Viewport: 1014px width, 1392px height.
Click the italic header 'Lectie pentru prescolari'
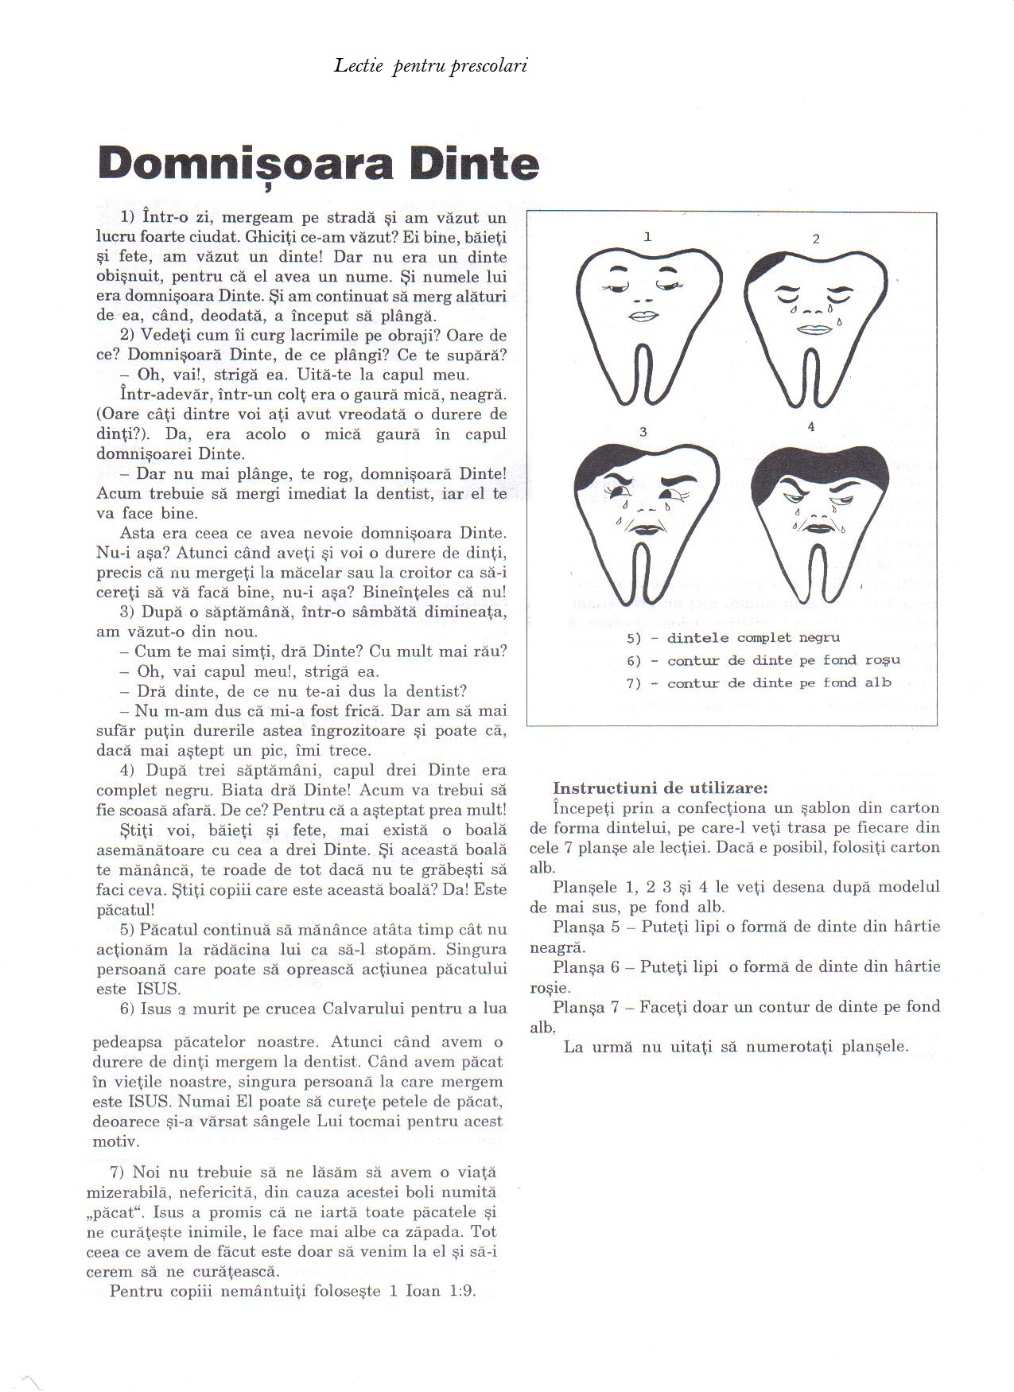coord(430,65)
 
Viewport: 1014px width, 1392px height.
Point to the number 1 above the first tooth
coord(647,236)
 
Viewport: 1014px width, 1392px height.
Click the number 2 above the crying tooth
coord(816,239)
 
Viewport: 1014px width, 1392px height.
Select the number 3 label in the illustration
coord(643,432)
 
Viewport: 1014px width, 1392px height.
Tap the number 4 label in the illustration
coord(810,426)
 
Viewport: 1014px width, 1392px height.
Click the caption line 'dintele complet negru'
coord(752,638)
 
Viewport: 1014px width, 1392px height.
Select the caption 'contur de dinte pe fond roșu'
coord(783,660)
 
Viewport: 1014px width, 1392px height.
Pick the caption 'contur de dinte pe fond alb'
coord(779,682)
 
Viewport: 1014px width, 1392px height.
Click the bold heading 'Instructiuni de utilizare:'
coord(660,788)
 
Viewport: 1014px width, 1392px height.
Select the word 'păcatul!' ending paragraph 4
coord(125,909)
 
